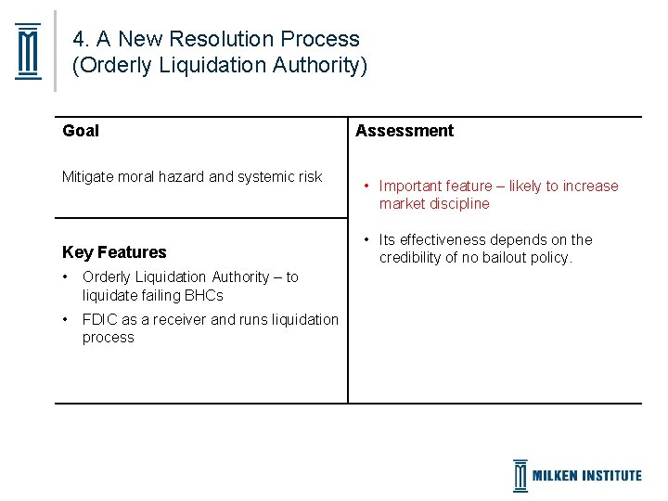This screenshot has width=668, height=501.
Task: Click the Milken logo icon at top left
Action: coord(29,51)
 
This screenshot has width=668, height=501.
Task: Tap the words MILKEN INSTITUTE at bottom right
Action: coord(586,476)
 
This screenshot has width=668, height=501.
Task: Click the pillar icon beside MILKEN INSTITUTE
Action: coord(520,476)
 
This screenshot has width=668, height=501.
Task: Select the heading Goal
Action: coord(81,131)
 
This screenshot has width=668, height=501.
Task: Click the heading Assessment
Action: coord(405,131)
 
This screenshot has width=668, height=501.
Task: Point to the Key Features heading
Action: coord(114,252)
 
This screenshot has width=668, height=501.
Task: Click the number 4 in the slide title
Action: coord(79,39)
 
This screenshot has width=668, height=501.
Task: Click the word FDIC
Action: coord(99,319)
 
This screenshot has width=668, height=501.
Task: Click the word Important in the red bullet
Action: coord(411,186)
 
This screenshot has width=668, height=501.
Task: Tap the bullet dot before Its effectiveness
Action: coord(366,239)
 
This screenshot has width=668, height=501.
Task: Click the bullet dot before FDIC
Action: coord(66,319)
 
